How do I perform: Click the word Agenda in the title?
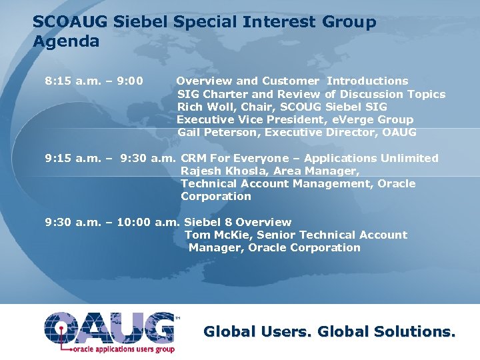(66, 41)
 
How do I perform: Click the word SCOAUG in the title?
(71, 22)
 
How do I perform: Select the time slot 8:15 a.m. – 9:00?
(93, 81)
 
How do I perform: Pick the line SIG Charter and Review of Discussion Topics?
(311, 94)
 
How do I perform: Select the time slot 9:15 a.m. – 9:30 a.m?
(110, 158)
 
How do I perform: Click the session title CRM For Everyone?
(228, 158)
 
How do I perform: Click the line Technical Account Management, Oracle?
(297, 183)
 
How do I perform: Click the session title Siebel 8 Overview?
(237, 222)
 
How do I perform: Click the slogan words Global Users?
(258, 331)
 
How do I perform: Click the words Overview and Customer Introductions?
(292, 81)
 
